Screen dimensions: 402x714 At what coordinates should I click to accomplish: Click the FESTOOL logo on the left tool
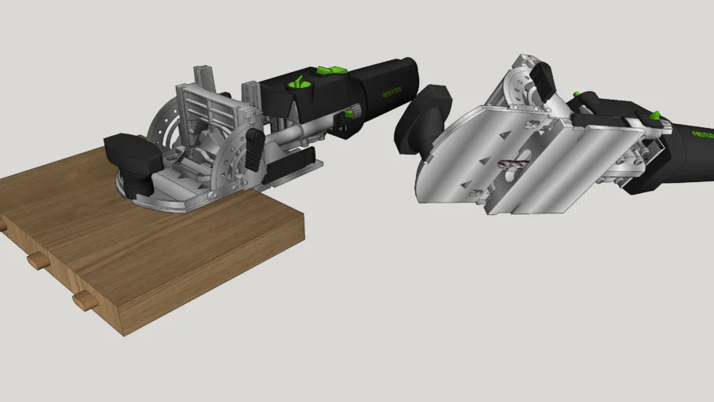tap(392, 93)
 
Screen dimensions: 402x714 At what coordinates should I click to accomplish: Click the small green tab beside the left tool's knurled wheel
tap(347, 115)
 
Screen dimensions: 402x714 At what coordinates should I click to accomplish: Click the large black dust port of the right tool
tap(424, 117)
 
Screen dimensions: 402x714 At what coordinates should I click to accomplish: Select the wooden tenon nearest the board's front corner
tap(80, 299)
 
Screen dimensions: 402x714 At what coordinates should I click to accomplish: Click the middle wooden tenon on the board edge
tap(36, 261)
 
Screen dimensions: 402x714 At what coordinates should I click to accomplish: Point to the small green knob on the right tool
tap(577, 95)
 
